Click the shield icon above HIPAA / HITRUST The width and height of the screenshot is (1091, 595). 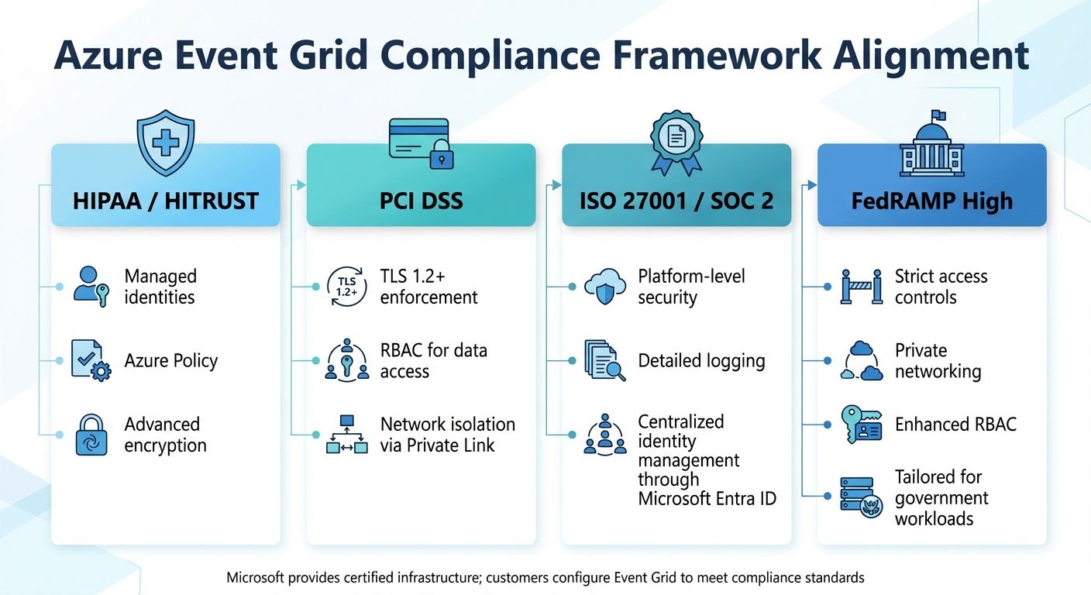tap(165, 145)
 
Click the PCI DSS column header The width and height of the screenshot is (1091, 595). tap(421, 201)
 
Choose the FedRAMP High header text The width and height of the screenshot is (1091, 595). tap(931, 201)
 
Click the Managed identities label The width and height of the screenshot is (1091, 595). tap(160, 287)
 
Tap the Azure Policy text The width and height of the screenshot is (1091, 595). tap(171, 360)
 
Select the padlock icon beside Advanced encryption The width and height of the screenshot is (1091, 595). tap(91, 435)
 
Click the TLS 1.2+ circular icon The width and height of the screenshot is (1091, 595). tap(346, 287)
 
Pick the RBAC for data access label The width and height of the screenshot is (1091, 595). tap(433, 360)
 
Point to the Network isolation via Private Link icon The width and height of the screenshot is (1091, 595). tap(346, 435)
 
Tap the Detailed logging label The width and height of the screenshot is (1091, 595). tap(701, 360)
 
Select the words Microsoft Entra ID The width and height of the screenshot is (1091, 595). tap(707, 499)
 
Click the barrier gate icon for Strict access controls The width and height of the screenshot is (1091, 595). tap(861, 287)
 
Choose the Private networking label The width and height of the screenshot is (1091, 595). tap(938, 360)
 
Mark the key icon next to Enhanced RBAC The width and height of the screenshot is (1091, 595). tap(861, 425)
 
